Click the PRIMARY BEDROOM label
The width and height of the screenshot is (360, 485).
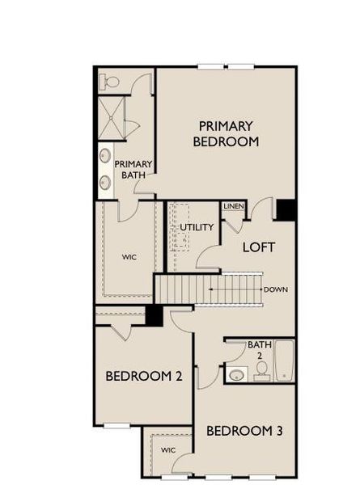pyautogui.click(x=226, y=133)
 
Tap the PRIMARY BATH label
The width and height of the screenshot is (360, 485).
pyautogui.click(x=133, y=169)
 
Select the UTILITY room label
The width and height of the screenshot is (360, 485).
pyautogui.click(x=197, y=227)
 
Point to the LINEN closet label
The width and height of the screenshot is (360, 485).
pyautogui.click(x=233, y=206)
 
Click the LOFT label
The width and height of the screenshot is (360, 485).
pyautogui.click(x=259, y=247)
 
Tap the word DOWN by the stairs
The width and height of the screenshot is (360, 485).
pyautogui.click(x=275, y=289)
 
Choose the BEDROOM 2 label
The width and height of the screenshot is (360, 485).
pyautogui.click(x=143, y=376)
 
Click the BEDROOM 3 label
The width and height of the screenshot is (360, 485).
pyautogui.click(x=244, y=431)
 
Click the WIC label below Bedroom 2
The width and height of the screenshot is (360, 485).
pyautogui.click(x=167, y=449)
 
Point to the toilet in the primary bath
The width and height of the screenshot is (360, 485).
pyautogui.click(x=109, y=82)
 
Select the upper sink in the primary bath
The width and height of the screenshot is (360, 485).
pyautogui.click(x=105, y=154)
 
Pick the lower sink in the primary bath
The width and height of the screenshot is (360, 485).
pyautogui.click(x=105, y=182)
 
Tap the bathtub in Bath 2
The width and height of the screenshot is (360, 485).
pyautogui.click(x=284, y=361)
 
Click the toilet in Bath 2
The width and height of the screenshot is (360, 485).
pyautogui.click(x=261, y=370)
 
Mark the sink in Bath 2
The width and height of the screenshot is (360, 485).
pyautogui.click(x=236, y=374)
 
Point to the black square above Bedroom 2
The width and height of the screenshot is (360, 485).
pyautogui.click(x=154, y=316)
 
